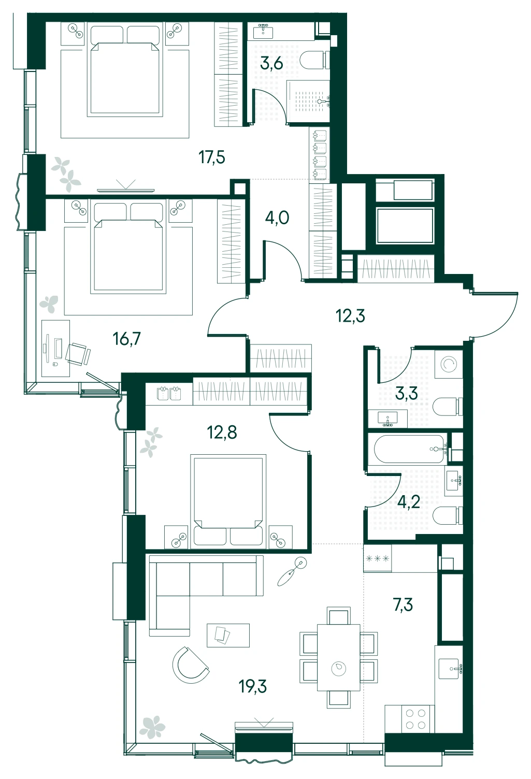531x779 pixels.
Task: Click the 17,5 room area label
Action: click(212, 157)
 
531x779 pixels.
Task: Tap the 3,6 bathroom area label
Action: click(271, 64)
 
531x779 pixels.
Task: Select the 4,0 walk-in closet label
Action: click(277, 219)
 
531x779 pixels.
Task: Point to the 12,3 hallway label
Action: click(350, 316)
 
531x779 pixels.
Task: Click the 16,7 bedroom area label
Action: click(126, 339)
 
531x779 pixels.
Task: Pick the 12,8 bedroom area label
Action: click(222, 433)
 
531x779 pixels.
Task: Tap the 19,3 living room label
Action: click(253, 686)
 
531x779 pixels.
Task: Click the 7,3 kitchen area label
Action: click(403, 605)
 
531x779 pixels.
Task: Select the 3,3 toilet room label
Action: click(406, 394)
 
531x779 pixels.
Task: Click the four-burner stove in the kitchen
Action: click(415, 719)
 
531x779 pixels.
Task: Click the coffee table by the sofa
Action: click(228, 636)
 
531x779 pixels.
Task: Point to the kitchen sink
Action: click(450, 668)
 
